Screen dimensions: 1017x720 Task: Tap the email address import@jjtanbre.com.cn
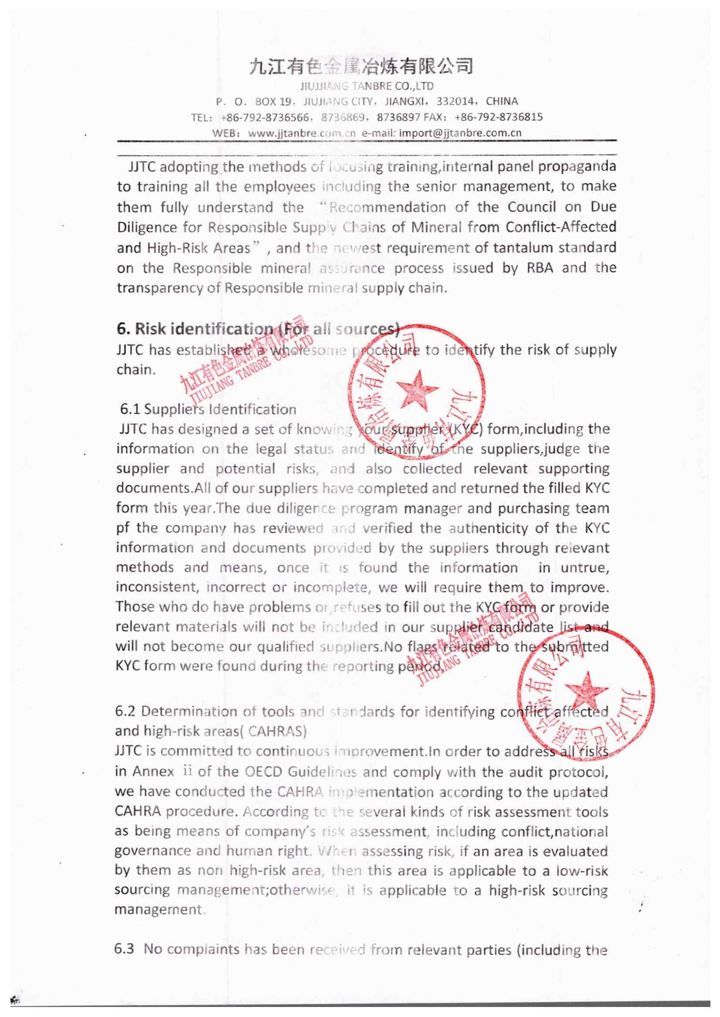click(460, 133)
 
